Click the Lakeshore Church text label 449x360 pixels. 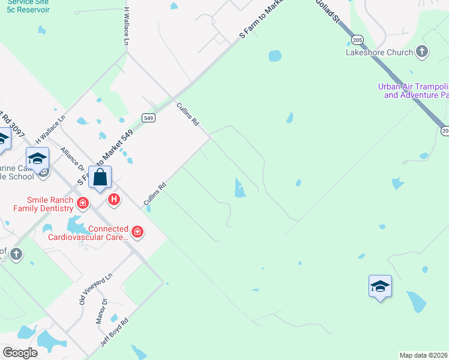[379, 52]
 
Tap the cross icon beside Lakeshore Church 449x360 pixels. [422, 52]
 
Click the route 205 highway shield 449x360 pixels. [358, 40]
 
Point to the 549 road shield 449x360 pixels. [149, 118]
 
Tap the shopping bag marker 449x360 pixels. [101, 178]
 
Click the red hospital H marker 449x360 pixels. [113, 199]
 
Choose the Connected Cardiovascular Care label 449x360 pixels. [107, 233]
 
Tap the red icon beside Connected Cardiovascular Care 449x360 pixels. [137, 232]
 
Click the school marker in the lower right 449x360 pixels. [380, 286]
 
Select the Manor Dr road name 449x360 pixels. [101, 310]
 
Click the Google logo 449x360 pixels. [20, 353]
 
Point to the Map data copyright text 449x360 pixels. [423, 355]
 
